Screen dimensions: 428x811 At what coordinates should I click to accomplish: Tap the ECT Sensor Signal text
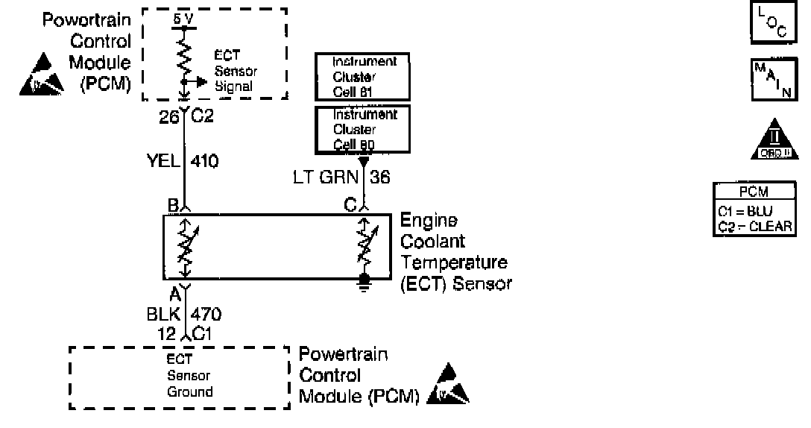tap(236, 72)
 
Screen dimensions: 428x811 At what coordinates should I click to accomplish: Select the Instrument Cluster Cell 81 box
tap(362, 76)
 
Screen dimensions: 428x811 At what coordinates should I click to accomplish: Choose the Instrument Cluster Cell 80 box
tap(362, 128)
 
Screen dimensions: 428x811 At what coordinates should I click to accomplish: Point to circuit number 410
tap(205, 161)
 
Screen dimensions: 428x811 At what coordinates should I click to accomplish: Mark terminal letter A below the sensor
tap(174, 293)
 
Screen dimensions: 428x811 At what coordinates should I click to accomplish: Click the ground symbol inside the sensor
tap(365, 280)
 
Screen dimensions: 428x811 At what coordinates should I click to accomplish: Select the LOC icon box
tap(770, 22)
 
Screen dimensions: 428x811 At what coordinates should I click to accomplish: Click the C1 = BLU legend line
tap(748, 211)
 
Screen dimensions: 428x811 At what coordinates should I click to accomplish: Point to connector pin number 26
tap(170, 117)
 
